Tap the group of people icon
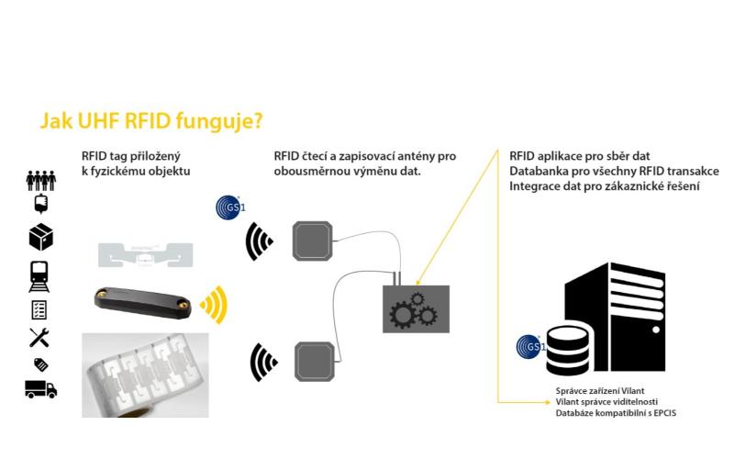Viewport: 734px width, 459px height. pos(40,180)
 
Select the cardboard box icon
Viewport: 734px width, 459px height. pos(40,238)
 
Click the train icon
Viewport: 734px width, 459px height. pos(40,275)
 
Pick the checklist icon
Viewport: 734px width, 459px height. pos(40,309)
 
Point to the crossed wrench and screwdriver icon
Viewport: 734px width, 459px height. pos(40,338)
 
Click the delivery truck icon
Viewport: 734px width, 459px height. pos(40,389)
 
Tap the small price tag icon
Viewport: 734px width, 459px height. pos(40,364)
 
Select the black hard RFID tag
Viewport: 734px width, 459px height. pos(142,300)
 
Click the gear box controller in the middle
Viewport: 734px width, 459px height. pos(416,307)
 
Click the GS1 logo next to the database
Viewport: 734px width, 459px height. pos(529,346)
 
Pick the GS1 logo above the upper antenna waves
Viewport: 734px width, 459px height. pos(227,207)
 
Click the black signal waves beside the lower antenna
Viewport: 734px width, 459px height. pos(262,362)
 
